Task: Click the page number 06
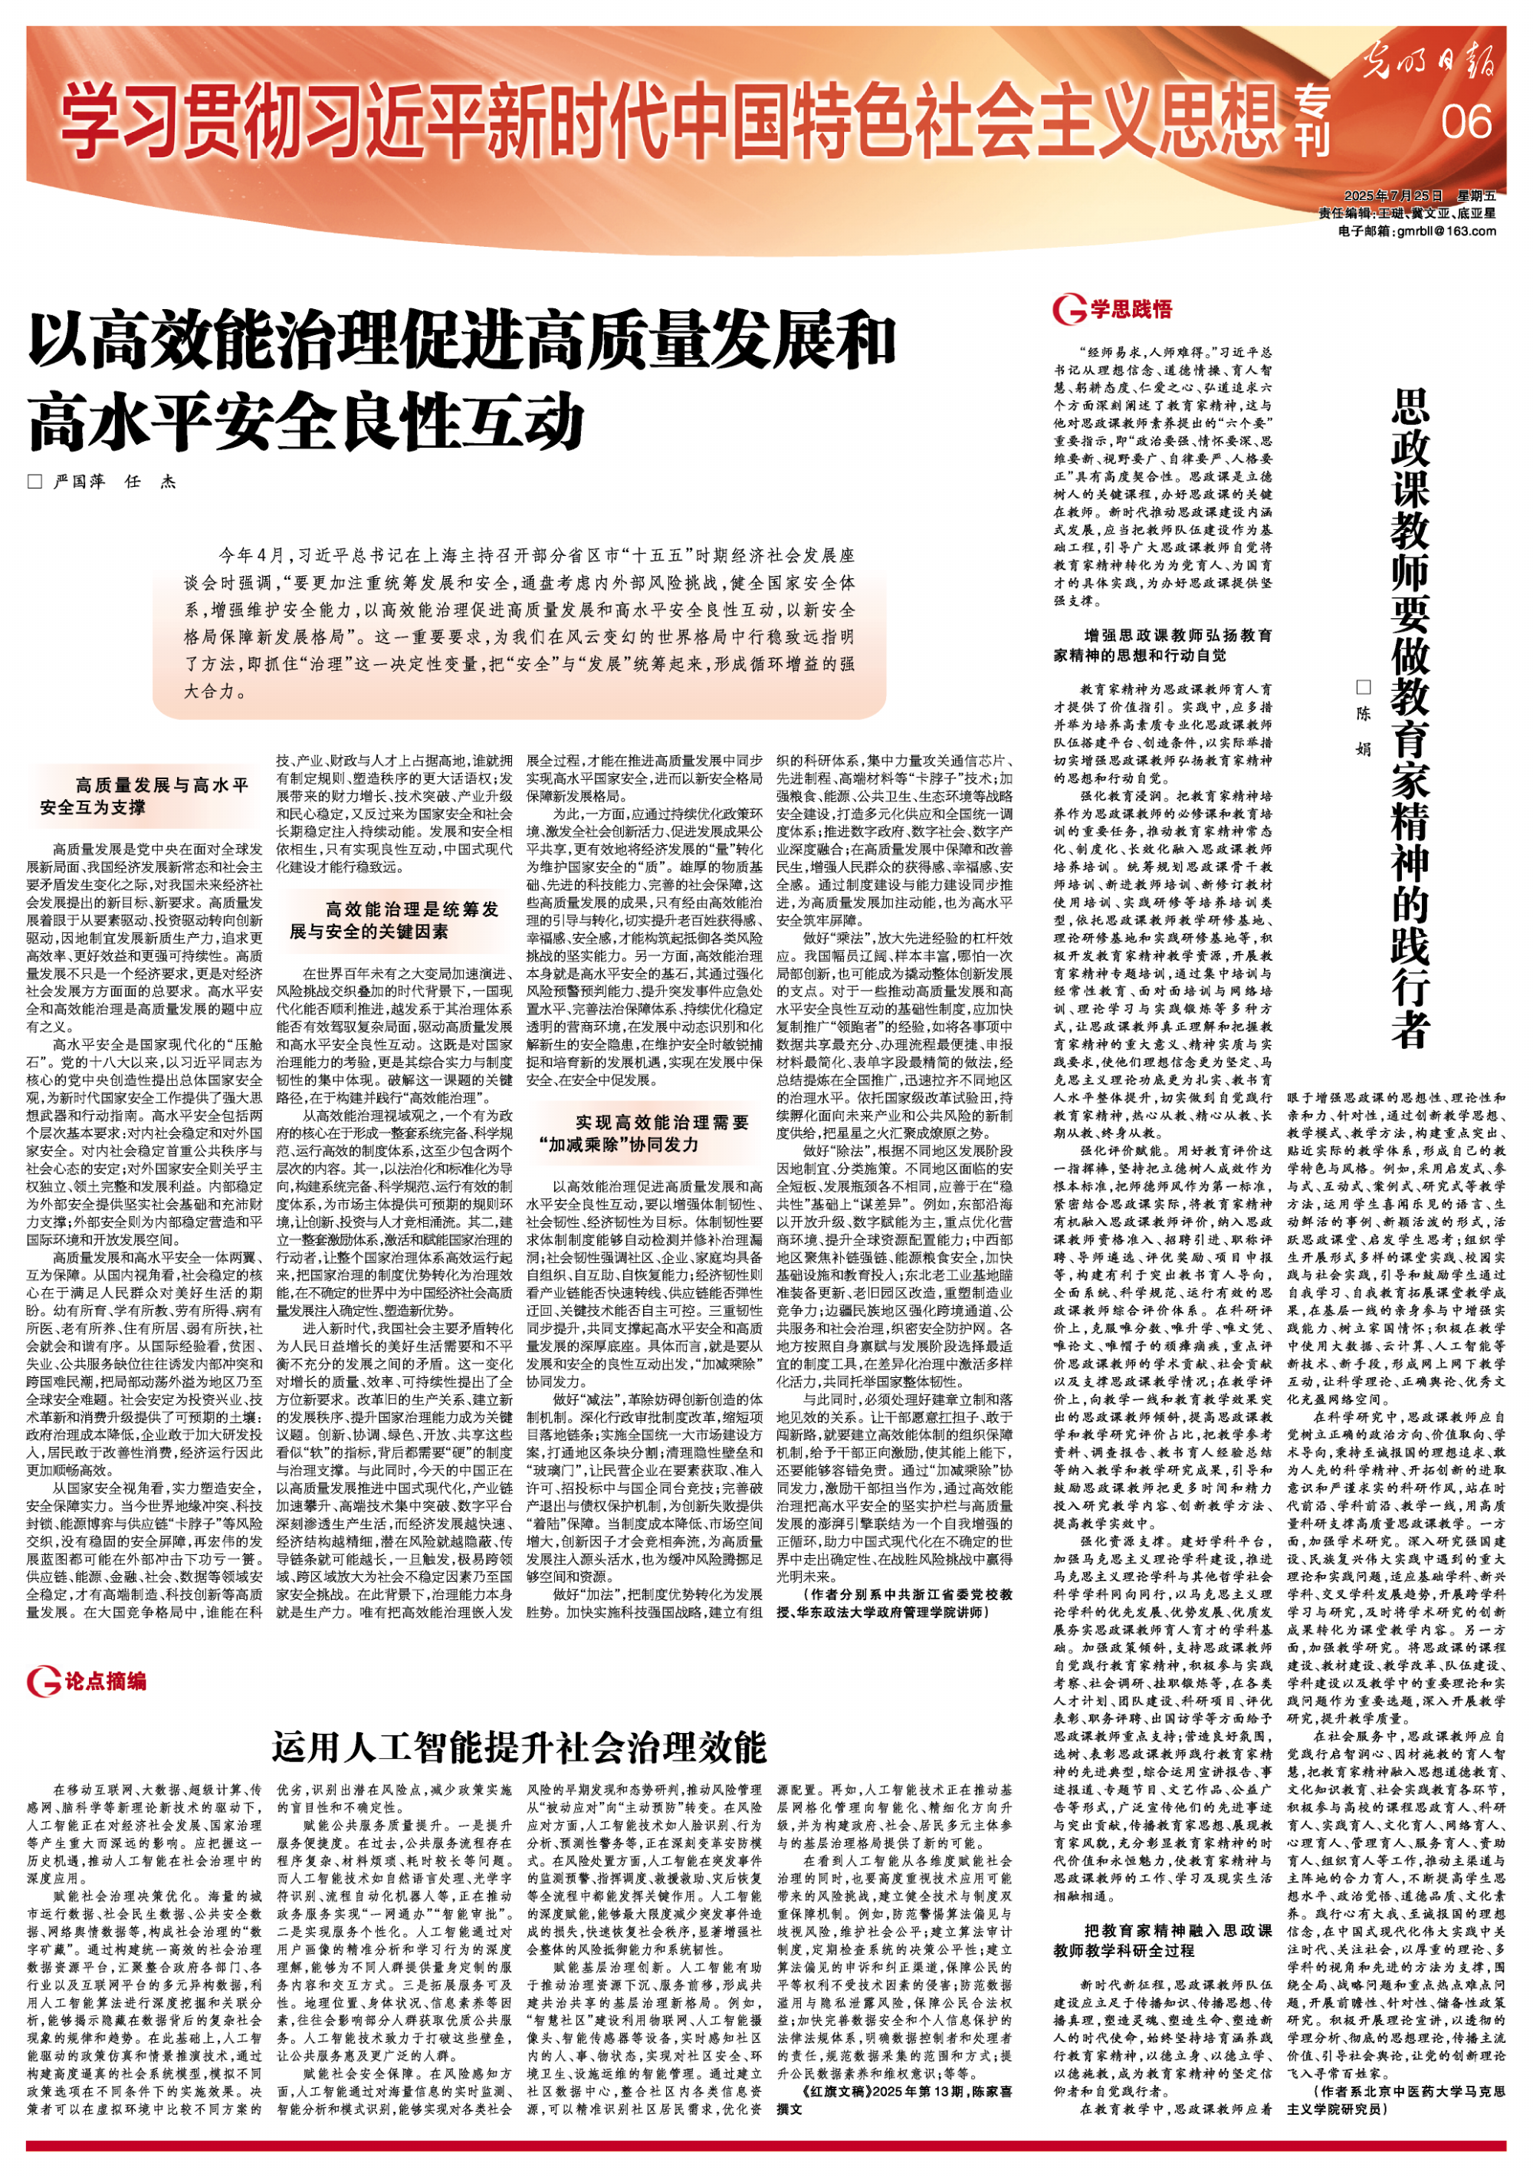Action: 1466,121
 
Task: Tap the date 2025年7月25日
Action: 1387,196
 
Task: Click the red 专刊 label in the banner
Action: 1315,123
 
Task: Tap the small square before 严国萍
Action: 35,482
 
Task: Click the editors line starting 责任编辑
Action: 1406,213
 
